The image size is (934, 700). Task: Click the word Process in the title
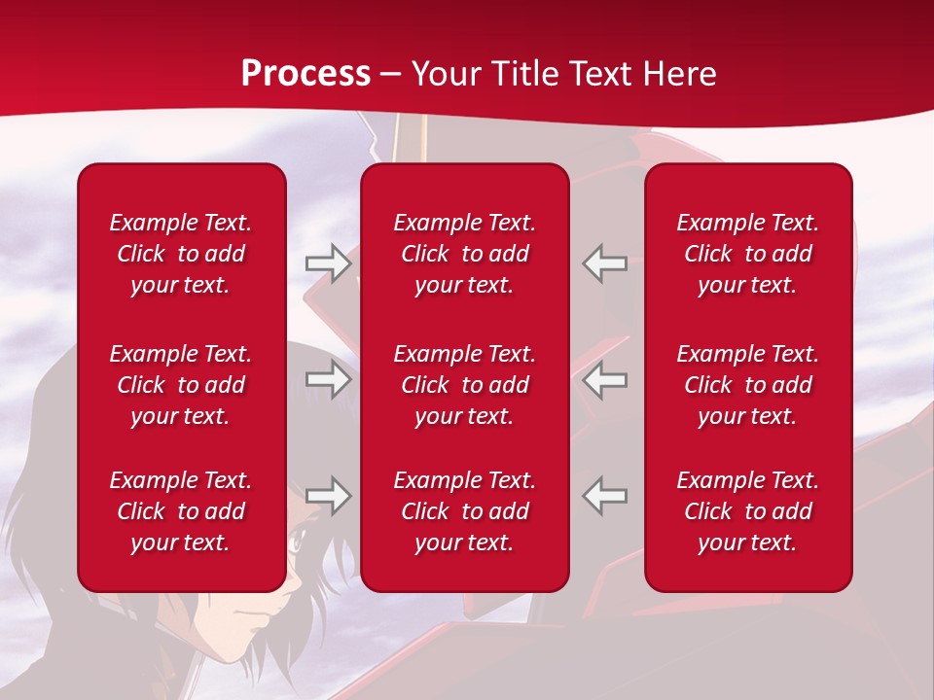[x=305, y=74]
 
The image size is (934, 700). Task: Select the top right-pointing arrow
[x=328, y=263]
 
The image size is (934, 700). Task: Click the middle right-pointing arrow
[x=328, y=379]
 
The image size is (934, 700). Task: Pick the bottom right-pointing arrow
[x=328, y=496]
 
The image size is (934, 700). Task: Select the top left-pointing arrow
[x=604, y=263]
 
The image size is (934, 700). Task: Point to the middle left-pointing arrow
[x=604, y=379]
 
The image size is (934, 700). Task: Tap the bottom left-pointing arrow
[x=604, y=496]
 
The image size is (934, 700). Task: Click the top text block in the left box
[x=181, y=254]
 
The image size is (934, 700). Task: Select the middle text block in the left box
[x=181, y=385]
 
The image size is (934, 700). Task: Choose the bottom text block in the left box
[x=181, y=511]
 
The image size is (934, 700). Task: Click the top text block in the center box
[x=465, y=254]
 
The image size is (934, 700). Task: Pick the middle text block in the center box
[x=465, y=385]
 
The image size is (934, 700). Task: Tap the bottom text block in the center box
[x=465, y=511]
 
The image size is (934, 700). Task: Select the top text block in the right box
[x=748, y=254]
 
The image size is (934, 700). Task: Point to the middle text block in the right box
[x=748, y=385]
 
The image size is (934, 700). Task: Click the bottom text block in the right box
[x=748, y=511]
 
